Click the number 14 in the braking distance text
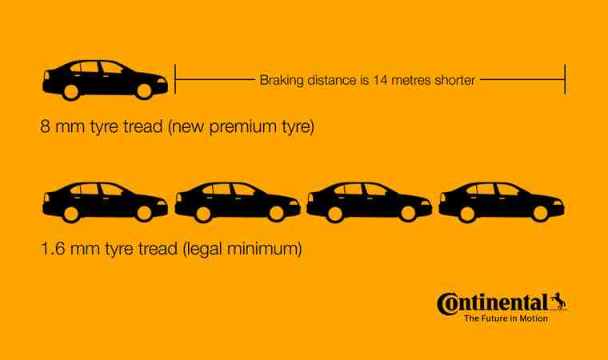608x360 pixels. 380,80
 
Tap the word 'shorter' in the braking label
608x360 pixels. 455,80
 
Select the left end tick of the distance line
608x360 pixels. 175,79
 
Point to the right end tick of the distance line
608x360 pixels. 565,79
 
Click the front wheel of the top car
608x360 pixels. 144,91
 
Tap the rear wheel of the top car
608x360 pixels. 71,92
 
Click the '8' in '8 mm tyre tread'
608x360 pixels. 46,127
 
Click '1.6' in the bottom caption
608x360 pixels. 53,249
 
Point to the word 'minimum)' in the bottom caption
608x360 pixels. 265,249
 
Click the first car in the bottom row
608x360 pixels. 105,202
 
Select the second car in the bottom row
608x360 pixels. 238,202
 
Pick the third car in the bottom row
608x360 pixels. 369,202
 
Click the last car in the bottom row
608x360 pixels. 502,202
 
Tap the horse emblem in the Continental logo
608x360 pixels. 558,301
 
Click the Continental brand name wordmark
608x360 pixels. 493,303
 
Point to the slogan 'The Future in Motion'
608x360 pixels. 506,318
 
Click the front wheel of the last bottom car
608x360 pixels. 540,214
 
